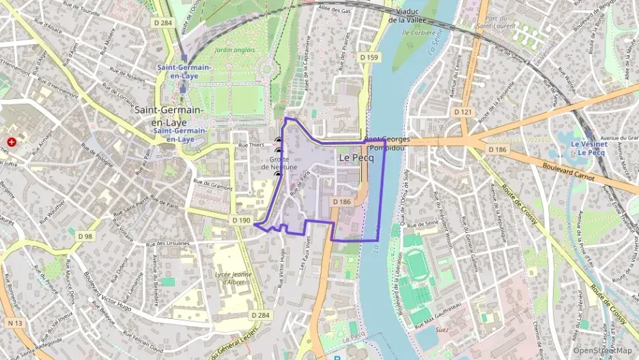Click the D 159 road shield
coord(369,57)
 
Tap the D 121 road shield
coord(462,111)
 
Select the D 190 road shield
coord(241,221)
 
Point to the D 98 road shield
coord(85,236)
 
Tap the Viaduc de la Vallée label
coord(408,16)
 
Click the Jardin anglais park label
coord(233,50)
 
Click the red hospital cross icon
coord(12,142)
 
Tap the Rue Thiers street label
coord(251,145)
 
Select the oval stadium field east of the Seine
coord(416,264)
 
